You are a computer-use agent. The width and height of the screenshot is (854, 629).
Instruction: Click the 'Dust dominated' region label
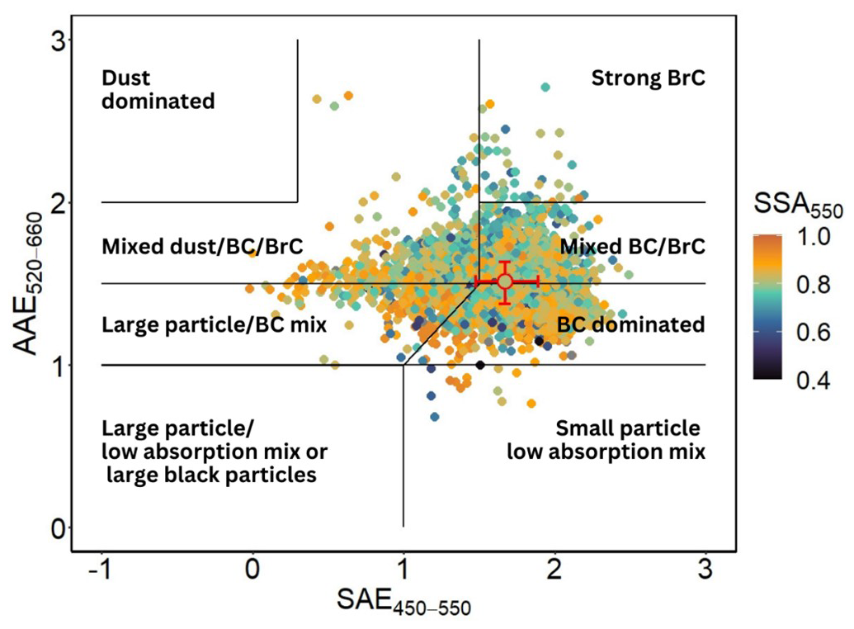158,90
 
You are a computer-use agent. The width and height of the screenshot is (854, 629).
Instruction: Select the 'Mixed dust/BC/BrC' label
202,246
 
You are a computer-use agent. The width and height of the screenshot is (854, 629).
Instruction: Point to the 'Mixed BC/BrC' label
633,246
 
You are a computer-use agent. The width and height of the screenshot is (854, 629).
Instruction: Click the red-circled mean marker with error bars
505,281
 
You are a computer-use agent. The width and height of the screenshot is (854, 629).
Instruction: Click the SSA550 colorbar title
798,204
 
